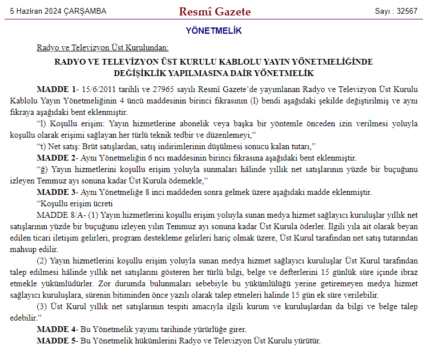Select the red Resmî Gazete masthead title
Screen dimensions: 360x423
(215, 11)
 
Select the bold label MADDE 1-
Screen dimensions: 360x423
(57, 89)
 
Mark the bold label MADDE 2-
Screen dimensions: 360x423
(57, 158)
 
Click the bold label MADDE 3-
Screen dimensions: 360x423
(57, 192)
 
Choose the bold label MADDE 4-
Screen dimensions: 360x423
(57, 329)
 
